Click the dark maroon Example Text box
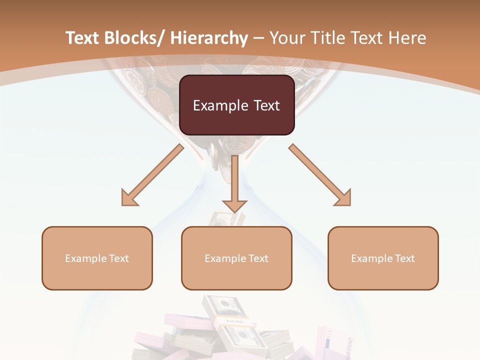tap(236, 105)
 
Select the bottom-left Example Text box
tap(97, 258)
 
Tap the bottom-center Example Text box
tap(236, 258)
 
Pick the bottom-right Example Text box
tap(383, 258)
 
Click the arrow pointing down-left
tap(152, 175)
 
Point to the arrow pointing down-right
tap(319, 175)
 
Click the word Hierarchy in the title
tap(209, 38)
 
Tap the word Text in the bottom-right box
tap(404, 258)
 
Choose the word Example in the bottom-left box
tap(85, 258)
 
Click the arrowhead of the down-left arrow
tap(128, 199)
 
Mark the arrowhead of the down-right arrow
tap(344, 199)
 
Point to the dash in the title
tap(258, 38)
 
